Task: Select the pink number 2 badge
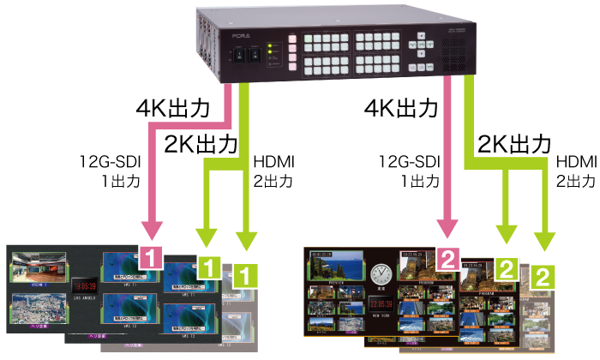click(x=448, y=256)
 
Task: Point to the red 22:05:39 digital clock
click(x=381, y=304)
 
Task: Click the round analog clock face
click(x=382, y=274)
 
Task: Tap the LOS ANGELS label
click(x=84, y=298)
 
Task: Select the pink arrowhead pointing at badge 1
click(x=151, y=231)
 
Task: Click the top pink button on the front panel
click(x=292, y=39)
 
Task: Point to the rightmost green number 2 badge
click(x=543, y=276)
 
